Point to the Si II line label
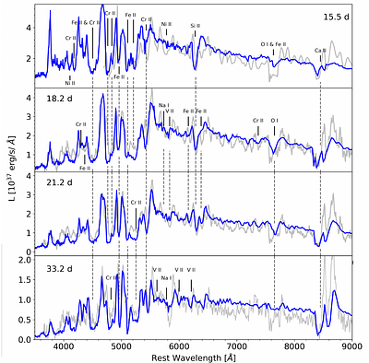(x=195, y=27)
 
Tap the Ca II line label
(x=320, y=51)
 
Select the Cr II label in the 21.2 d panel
(x=136, y=202)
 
